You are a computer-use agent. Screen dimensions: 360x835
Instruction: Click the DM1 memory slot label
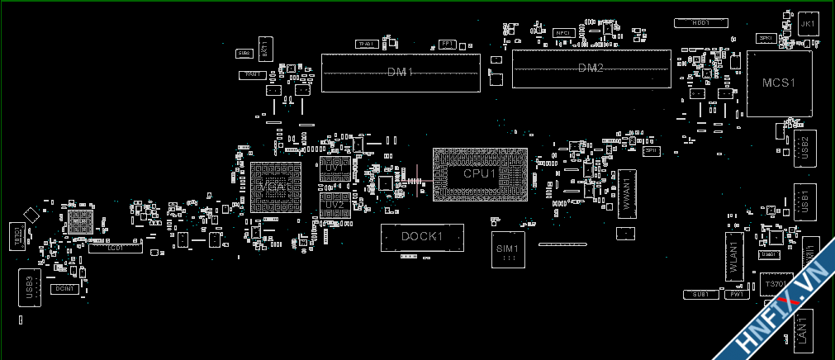(x=401, y=73)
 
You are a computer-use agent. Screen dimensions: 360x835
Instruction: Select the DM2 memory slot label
(x=591, y=68)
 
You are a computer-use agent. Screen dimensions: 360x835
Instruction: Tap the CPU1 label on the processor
(x=480, y=174)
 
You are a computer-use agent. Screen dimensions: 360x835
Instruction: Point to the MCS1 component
(x=778, y=83)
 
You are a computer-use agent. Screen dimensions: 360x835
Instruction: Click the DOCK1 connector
(x=422, y=237)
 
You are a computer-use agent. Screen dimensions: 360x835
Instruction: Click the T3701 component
(x=776, y=283)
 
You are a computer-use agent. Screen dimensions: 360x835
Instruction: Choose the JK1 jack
(x=808, y=24)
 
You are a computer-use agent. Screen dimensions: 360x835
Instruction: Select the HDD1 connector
(x=701, y=23)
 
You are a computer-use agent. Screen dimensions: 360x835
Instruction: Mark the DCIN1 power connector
(x=65, y=289)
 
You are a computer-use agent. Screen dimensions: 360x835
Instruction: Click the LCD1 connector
(x=115, y=247)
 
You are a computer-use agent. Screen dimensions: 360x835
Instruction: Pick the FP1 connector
(x=447, y=43)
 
